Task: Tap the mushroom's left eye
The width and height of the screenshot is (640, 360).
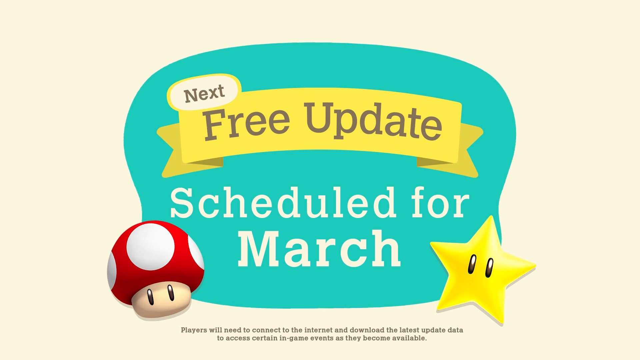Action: [x=151, y=297]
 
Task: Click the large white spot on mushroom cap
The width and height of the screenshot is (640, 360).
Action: [x=151, y=246]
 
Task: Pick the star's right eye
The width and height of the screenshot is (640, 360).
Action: [x=489, y=268]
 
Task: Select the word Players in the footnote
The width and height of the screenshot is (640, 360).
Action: [x=194, y=330]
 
